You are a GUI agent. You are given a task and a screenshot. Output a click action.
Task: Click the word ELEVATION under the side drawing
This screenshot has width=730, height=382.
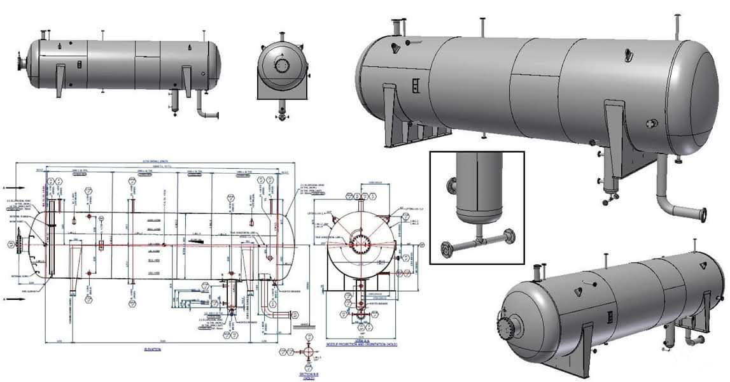(x=152, y=350)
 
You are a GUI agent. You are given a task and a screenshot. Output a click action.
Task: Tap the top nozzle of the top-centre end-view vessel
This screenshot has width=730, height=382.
(x=281, y=36)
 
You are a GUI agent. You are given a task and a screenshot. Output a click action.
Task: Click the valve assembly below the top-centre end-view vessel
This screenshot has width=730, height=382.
(x=281, y=115)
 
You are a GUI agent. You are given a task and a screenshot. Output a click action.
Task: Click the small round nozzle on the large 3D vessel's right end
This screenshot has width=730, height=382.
(x=650, y=123)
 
